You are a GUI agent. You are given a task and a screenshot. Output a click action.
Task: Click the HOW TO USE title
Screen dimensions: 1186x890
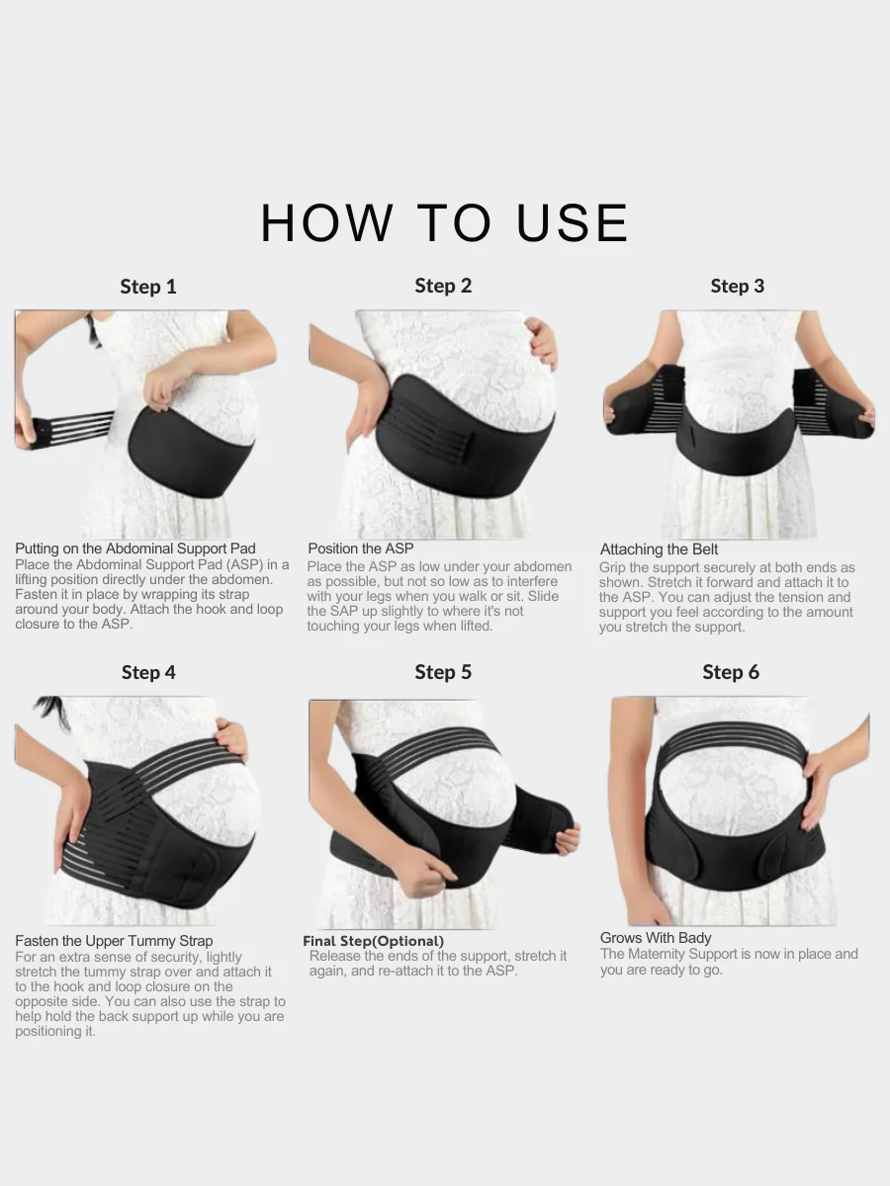pos(444,223)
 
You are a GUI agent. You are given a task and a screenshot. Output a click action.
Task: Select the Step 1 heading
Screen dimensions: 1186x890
pos(148,287)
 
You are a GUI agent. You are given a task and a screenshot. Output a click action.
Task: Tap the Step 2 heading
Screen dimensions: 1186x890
pos(443,286)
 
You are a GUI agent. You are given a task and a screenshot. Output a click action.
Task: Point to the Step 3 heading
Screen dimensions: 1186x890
pos(737,286)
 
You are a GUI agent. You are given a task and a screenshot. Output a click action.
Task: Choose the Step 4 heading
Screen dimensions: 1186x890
pos(148,672)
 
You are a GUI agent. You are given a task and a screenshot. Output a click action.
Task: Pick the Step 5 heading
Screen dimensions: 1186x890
pos(443,672)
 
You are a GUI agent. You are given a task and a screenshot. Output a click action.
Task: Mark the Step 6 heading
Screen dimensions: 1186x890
pos(731,672)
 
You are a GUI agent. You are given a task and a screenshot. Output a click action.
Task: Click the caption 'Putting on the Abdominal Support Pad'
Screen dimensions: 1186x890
pos(135,549)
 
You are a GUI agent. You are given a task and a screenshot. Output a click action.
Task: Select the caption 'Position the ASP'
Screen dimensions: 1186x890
pos(361,549)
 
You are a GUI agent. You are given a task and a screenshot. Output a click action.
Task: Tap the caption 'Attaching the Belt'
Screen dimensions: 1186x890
pos(660,550)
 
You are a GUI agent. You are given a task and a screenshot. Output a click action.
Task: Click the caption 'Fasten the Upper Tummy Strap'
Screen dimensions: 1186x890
pos(114,941)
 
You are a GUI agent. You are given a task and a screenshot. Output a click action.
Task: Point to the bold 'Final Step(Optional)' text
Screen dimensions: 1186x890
pos(374,941)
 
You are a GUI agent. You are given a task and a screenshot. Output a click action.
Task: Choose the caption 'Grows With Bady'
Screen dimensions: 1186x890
pos(656,938)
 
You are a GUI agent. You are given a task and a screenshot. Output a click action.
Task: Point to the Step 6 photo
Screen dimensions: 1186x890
pos(738,810)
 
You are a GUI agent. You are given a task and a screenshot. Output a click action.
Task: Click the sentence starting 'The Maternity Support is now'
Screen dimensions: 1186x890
pos(729,962)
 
